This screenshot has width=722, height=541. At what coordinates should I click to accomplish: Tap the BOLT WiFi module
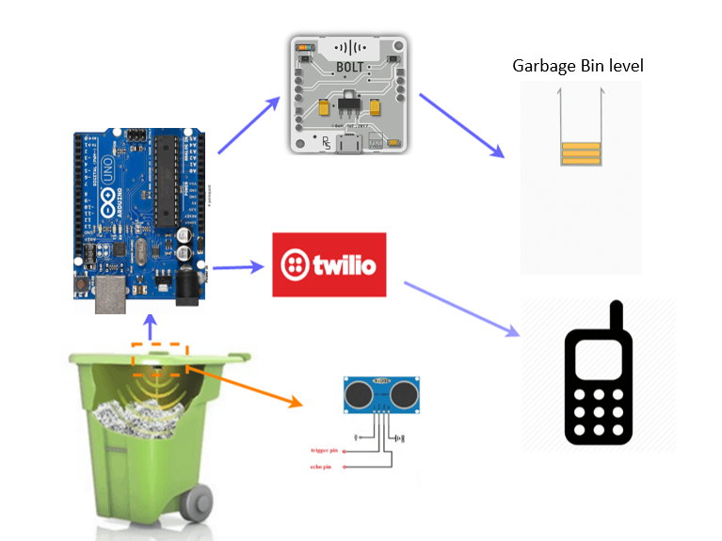click(347, 95)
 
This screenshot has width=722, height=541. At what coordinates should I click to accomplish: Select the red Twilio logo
click(329, 264)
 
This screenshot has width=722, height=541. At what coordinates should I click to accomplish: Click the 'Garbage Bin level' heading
click(578, 66)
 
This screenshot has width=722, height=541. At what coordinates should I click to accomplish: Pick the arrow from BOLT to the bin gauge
click(459, 124)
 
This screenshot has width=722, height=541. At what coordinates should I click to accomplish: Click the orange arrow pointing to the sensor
click(245, 384)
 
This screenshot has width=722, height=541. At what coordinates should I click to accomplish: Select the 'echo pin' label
click(322, 466)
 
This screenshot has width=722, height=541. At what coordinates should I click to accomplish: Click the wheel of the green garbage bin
click(197, 507)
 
